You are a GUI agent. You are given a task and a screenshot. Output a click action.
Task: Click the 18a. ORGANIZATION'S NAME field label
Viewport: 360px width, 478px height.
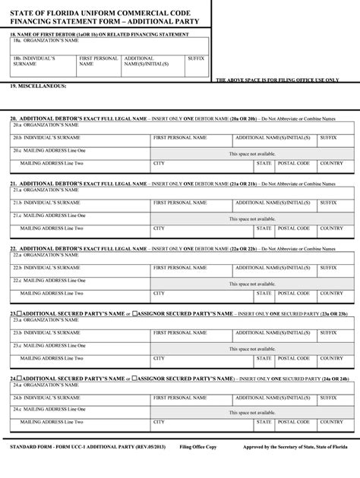45,41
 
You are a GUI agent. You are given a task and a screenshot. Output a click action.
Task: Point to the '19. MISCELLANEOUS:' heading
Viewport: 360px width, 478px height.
38,86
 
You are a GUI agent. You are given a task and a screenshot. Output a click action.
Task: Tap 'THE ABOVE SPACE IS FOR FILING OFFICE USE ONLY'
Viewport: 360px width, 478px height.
277,80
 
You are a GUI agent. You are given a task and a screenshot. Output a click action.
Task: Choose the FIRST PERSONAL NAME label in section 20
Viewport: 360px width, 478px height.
179,138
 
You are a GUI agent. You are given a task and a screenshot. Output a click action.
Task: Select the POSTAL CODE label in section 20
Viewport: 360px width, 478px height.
293,163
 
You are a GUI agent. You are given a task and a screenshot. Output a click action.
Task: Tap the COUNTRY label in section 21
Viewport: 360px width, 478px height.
331,228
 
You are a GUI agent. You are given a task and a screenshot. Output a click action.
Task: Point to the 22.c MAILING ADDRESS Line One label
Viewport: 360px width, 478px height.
49,281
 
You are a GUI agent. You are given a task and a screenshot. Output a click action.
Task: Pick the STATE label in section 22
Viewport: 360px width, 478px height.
264,293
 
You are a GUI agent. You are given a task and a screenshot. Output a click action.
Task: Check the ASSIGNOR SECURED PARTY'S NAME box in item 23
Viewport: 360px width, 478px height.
135,313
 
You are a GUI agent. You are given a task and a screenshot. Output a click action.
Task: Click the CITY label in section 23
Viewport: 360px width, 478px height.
159,358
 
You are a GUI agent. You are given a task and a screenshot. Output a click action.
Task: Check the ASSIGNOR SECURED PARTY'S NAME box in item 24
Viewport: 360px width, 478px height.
135,378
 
